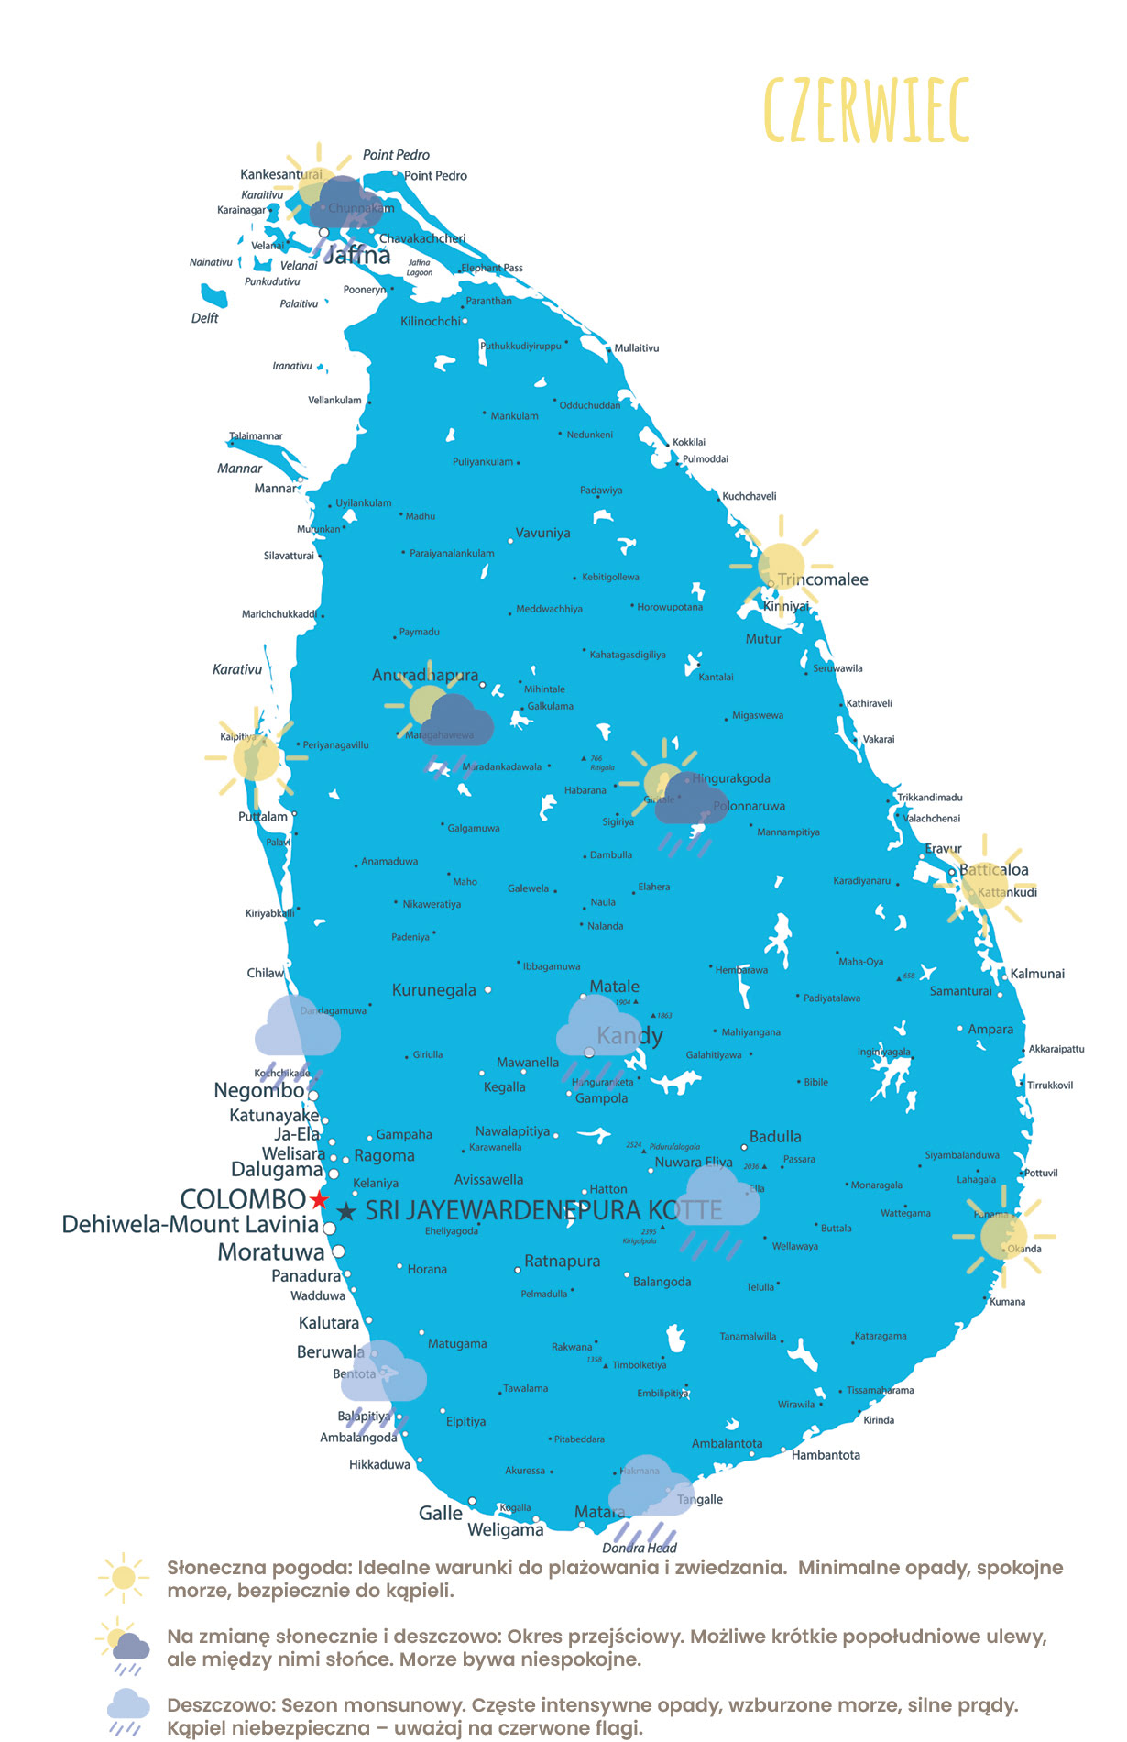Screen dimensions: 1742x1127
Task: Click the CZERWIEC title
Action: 866,111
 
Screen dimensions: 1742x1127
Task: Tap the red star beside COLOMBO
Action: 319,1200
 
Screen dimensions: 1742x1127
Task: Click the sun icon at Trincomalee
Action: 781,566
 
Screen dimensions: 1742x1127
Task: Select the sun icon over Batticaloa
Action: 985,886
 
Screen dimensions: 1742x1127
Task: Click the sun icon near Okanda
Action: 1003,1237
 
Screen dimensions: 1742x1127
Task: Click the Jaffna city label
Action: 357,255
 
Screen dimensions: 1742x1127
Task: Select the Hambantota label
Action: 826,1455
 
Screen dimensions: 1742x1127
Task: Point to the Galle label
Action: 441,1514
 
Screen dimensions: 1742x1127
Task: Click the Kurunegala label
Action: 434,990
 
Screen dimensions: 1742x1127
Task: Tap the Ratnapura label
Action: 563,1262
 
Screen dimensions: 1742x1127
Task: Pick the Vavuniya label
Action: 542,533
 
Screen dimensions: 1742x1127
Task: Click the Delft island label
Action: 205,318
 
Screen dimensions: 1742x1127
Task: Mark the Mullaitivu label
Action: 637,348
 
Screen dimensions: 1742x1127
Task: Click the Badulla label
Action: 775,1137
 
